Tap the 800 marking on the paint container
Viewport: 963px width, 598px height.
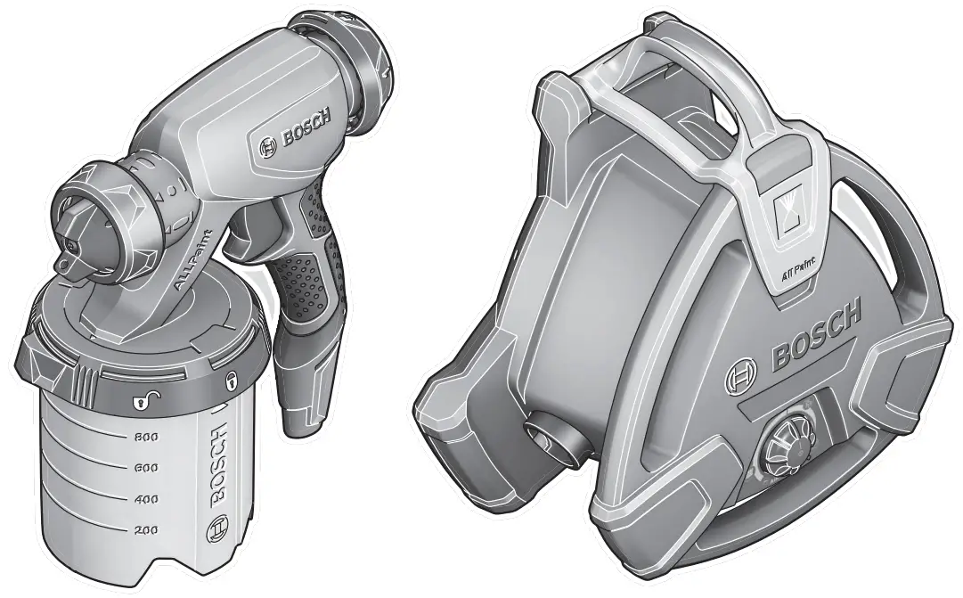pos(145,437)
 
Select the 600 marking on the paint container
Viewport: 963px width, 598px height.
pos(145,467)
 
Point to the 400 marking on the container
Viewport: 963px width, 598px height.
pos(145,499)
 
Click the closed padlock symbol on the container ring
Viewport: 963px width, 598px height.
pos(232,381)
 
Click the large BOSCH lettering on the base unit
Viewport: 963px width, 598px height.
pos(816,335)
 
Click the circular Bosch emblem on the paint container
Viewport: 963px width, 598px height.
pos(215,533)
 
